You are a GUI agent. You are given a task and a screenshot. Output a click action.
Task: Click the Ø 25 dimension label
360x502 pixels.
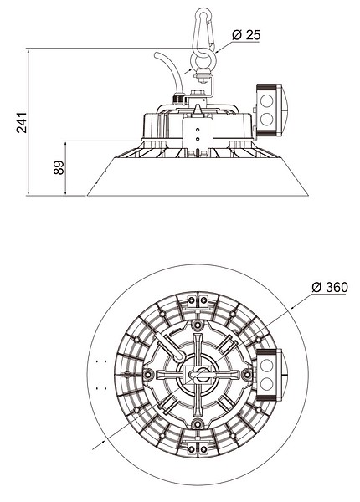pos(246,35)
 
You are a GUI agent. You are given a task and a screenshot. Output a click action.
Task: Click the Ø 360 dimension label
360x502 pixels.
pos(330,287)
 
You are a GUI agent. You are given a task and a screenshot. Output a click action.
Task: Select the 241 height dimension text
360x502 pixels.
pos(22,122)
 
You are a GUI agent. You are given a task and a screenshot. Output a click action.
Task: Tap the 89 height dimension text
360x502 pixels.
pos(59,167)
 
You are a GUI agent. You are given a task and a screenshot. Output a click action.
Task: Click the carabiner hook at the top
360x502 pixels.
pos(203,29)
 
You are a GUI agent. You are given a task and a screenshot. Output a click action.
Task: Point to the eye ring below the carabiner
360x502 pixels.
pos(203,59)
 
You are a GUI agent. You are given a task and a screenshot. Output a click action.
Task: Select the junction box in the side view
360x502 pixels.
pos(271,110)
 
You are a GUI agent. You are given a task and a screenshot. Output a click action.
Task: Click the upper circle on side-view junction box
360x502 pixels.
pos(266,100)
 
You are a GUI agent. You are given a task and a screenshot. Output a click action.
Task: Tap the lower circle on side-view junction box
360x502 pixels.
pos(266,119)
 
